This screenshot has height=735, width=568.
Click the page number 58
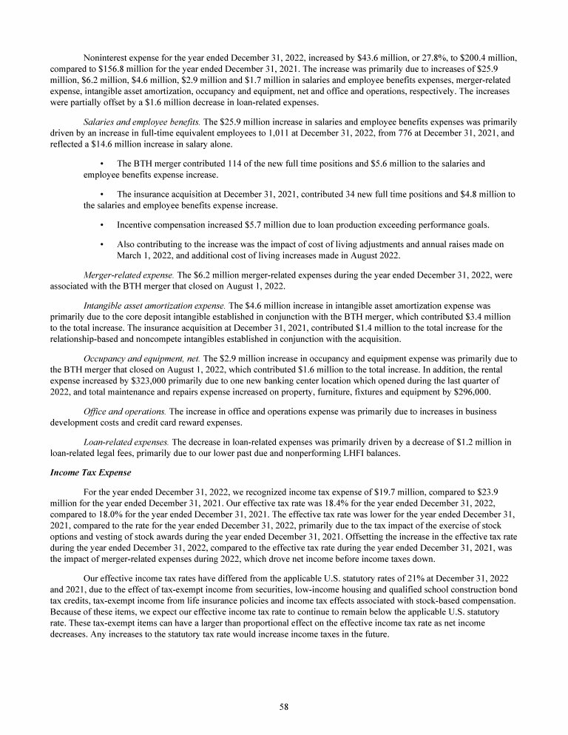pos(284,707)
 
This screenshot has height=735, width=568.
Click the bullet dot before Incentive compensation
pos(101,223)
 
